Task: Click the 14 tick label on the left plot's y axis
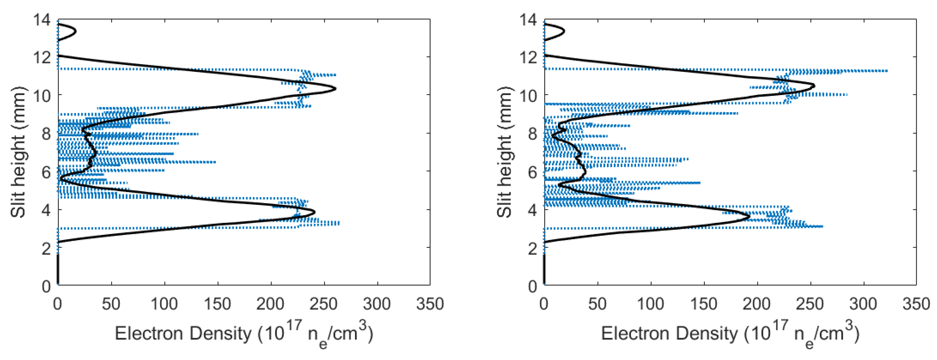pos(42,20)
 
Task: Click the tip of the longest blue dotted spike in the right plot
pos(887,71)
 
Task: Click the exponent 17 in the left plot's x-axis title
pos(295,324)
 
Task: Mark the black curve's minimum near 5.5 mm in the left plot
pos(61,179)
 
